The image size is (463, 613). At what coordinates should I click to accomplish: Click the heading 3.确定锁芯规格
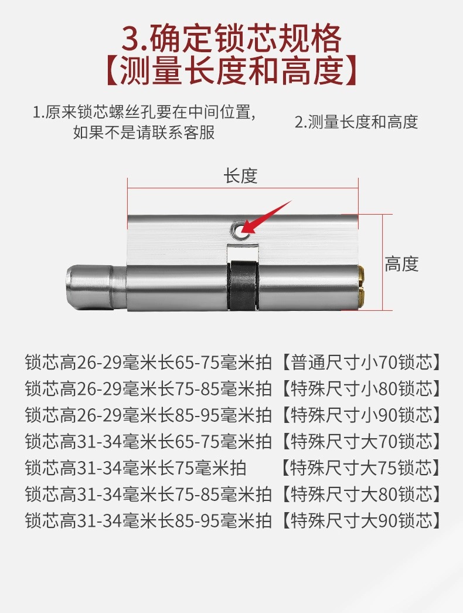coord(231,38)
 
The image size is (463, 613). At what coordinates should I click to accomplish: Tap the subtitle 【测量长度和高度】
coord(231,71)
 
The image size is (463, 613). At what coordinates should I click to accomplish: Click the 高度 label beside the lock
coord(401,264)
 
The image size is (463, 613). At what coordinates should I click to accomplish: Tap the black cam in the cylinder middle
coord(243,285)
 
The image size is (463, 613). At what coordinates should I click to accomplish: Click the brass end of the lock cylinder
coord(362,288)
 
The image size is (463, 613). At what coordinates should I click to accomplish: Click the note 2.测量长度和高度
coord(356,122)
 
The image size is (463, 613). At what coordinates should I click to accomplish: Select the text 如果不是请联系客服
coord(144,132)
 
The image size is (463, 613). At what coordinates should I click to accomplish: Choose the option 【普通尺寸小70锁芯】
coord(360,362)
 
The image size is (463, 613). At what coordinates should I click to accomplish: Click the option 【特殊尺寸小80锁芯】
coord(360,388)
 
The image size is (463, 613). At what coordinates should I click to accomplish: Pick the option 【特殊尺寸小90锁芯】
coord(360,415)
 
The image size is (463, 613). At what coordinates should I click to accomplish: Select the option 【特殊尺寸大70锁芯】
coord(360,441)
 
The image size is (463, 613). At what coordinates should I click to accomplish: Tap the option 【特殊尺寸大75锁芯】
coord(360,468)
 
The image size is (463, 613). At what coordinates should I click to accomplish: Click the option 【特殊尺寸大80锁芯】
coord(360,494)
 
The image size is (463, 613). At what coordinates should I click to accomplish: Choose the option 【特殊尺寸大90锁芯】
coord(360,520)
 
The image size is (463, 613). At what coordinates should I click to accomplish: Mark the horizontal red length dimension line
coord(243,188)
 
